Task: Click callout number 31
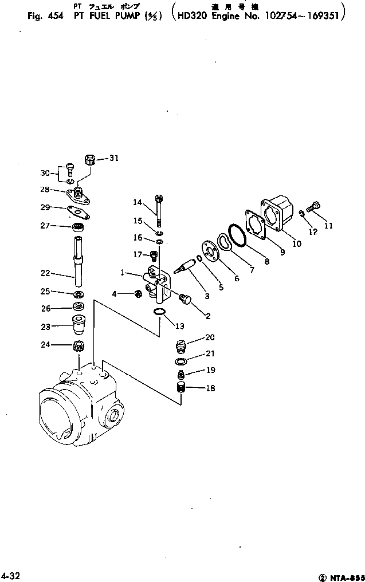pos(113,159)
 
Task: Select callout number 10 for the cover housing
pos(296,243)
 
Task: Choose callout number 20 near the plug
pos(194,337)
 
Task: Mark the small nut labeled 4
pos(138,294)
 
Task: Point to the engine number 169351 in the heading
pos(324,16)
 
